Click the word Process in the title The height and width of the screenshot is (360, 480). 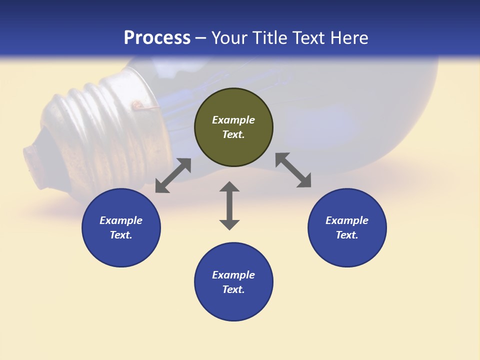point(157,38)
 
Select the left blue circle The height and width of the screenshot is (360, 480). point(121,250)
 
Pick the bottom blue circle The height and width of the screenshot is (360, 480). point(233,305)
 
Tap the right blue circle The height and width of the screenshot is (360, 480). point(347,250)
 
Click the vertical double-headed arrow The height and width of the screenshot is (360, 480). point(229,205)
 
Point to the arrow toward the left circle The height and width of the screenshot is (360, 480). point(173,175)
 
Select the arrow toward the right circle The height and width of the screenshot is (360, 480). point(293,170)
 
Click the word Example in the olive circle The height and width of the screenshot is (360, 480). point(233,120)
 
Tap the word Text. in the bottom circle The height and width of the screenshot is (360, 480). point(233,289)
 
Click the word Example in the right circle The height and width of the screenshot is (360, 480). point(347,220)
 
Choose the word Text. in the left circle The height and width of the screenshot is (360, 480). point(121,235)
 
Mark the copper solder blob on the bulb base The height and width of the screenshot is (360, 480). point(135,105)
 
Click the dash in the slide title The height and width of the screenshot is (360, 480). point(201,38)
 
